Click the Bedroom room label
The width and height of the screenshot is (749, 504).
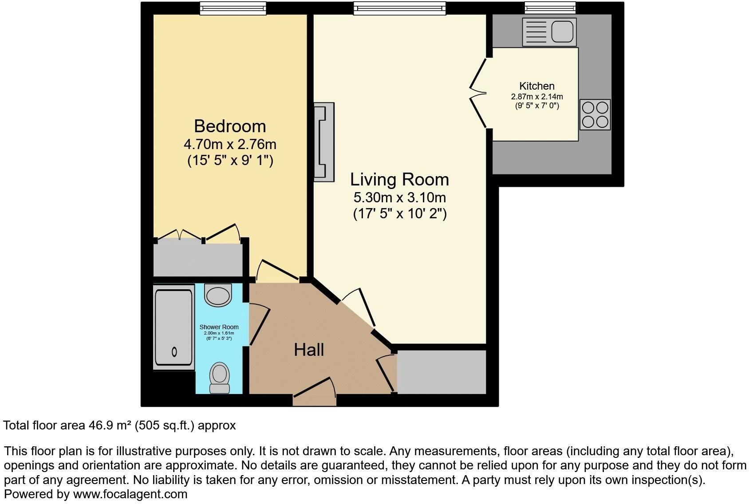[230, 126]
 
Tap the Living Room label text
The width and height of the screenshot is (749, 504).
[399, 180]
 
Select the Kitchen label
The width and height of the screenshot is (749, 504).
[537, 86]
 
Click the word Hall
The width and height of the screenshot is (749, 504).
[309, 350]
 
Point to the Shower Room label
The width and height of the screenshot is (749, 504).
[219, 327]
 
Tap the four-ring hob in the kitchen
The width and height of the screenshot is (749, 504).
[595, 114]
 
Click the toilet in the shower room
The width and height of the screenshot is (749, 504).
[219, 377]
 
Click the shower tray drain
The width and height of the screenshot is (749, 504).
[174, 352]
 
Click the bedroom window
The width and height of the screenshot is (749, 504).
[233, 8]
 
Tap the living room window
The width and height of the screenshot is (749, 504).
[399, 8]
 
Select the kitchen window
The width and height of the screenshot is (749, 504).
[550, 8]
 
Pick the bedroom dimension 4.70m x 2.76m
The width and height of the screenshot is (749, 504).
[230, 145]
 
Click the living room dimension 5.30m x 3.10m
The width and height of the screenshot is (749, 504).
[399, 197]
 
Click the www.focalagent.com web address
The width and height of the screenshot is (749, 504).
[130, 494]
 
